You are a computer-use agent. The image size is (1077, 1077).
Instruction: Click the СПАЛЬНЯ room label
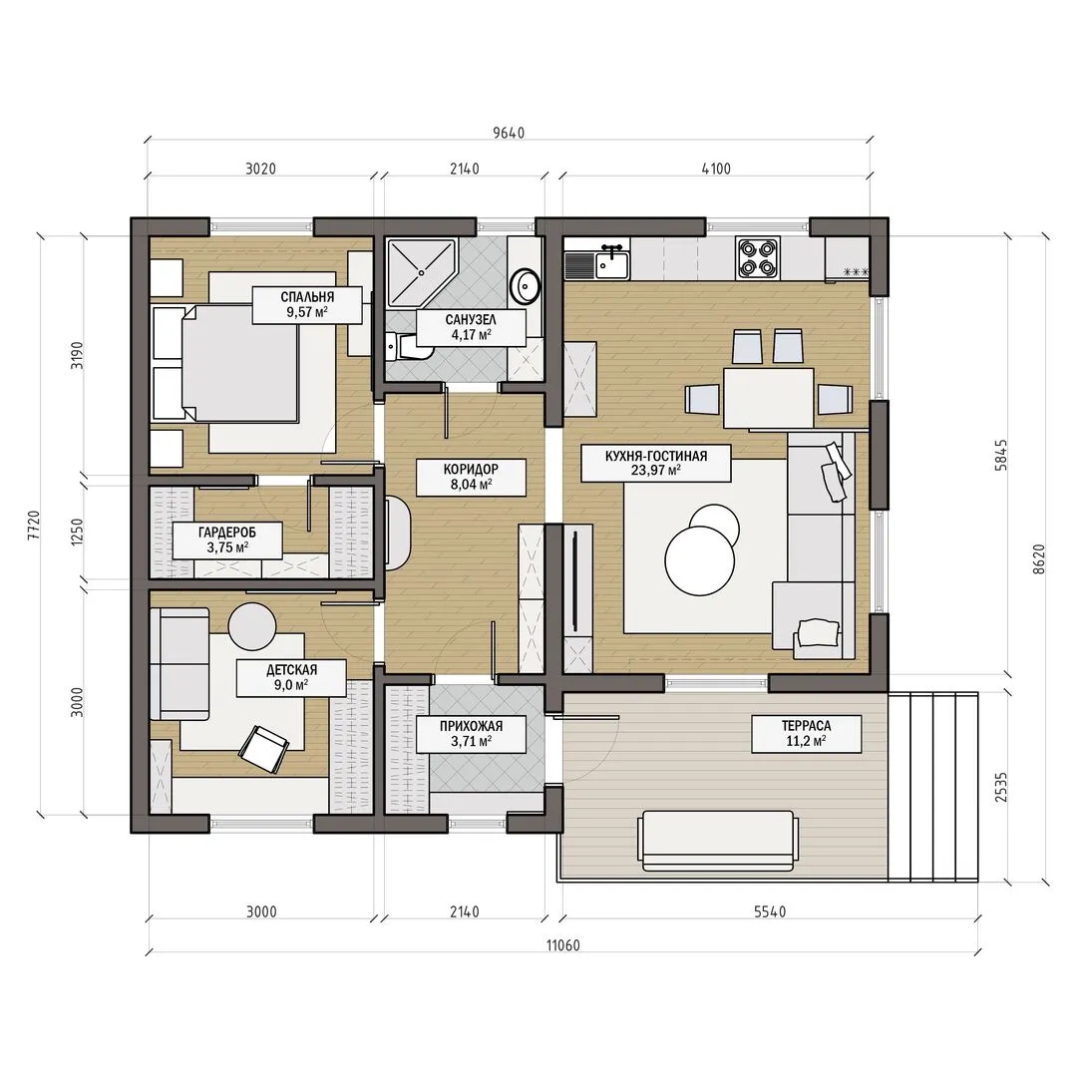(x=307, y=305)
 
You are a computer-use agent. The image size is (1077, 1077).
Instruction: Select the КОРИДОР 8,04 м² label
(x=471, y=477)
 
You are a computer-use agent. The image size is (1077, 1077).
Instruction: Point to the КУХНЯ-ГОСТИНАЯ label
(x=656, y=463)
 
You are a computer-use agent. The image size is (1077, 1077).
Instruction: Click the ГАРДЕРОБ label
(x=227, y=539)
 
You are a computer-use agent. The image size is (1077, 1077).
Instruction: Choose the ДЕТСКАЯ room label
(x=291, y=678)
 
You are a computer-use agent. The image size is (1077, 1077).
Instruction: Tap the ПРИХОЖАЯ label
(x=471, y=734)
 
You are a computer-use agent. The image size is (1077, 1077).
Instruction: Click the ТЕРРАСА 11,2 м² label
(x=806, y=734)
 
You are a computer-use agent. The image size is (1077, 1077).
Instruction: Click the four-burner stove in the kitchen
(x=758, y=257)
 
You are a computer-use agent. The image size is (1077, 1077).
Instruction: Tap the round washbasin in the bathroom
(x=528, y=286)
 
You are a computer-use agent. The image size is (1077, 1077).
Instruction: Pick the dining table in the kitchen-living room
(x=769, y=398)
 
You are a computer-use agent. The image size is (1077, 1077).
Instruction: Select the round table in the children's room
(x=252, y=626)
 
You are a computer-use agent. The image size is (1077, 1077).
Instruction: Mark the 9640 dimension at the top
(x=509, y=133)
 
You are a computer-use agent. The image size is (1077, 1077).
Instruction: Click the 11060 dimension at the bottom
(x=563, y=945)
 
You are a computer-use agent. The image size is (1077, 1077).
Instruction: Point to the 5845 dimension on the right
(x=1001, y=455)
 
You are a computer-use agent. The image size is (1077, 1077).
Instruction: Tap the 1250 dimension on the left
(x=77, y=533)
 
